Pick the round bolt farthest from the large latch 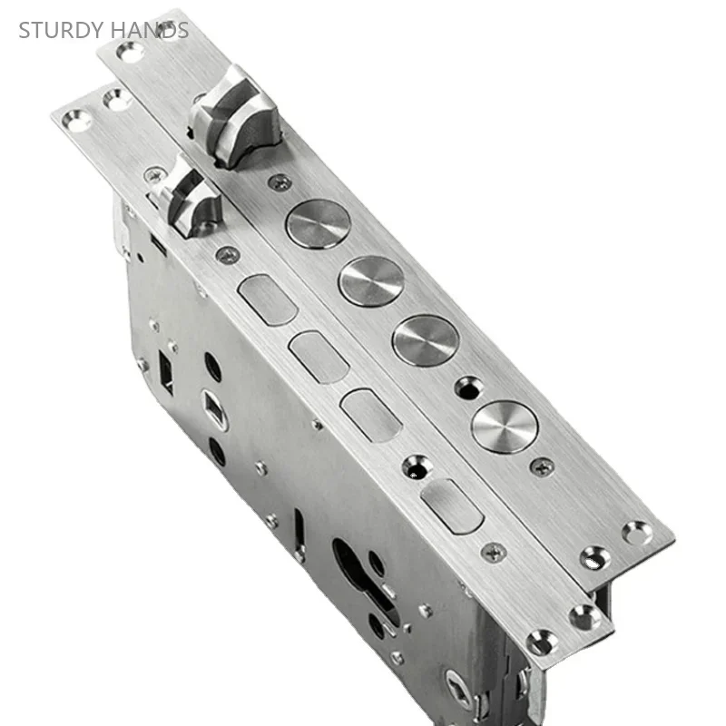[x=505, y=425]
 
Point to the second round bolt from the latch [x=371, y=280]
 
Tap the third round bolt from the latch [x=426, y=340]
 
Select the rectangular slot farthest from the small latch [x=453, y=506]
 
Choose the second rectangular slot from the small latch [x=319, y=356]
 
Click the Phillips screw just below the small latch [x=226, y=258]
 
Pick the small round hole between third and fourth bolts [x=466, y=388]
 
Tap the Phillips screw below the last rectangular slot [x=495, y=550]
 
